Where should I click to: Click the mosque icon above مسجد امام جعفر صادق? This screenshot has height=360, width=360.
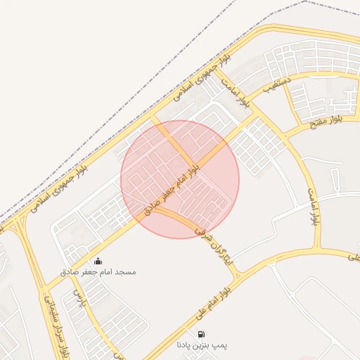(x=97, y=262)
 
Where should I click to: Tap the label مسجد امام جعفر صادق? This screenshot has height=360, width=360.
(x=98, y=271)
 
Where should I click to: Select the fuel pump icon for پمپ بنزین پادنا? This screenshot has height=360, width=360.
(x=202, y=335)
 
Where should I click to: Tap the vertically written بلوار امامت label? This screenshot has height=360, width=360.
(x=314, y=206)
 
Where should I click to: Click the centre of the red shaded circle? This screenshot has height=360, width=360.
(x=180, y=179)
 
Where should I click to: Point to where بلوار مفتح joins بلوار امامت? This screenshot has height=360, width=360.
(x=292, y=136)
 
